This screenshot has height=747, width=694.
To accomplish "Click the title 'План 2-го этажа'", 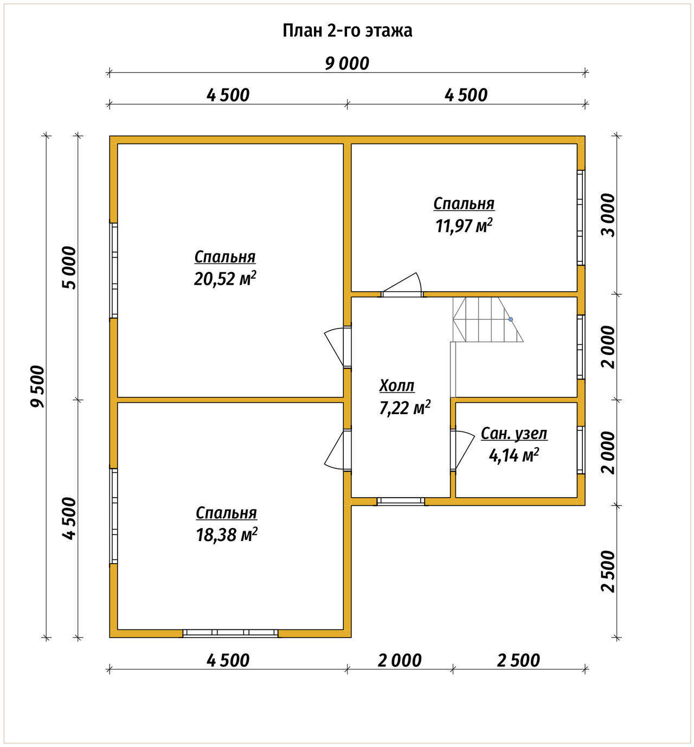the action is coord(347,31).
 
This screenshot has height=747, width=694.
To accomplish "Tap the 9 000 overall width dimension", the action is coord(347,63).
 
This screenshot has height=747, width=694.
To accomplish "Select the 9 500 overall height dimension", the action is coord(38,386).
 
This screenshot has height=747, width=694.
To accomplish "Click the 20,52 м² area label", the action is coord(225,278).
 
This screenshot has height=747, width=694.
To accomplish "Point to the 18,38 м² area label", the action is coord(227,534).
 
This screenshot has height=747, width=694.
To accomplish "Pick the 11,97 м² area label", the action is coord(464,226).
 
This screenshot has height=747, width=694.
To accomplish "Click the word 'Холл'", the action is coord(397,385).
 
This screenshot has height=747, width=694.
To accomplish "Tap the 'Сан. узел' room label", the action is coord(514,434).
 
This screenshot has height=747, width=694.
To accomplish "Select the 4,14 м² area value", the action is coord(514,455).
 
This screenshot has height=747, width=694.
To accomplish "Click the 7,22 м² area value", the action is coord(405,408).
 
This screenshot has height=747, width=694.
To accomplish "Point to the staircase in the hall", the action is coord(487,319).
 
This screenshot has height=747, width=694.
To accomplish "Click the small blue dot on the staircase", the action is coord(511,319).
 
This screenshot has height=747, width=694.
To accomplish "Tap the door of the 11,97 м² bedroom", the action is coord(402,285).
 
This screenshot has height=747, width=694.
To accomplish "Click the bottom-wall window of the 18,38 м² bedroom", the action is coord(230,633).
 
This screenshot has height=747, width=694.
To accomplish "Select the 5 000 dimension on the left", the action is coord(69,268).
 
